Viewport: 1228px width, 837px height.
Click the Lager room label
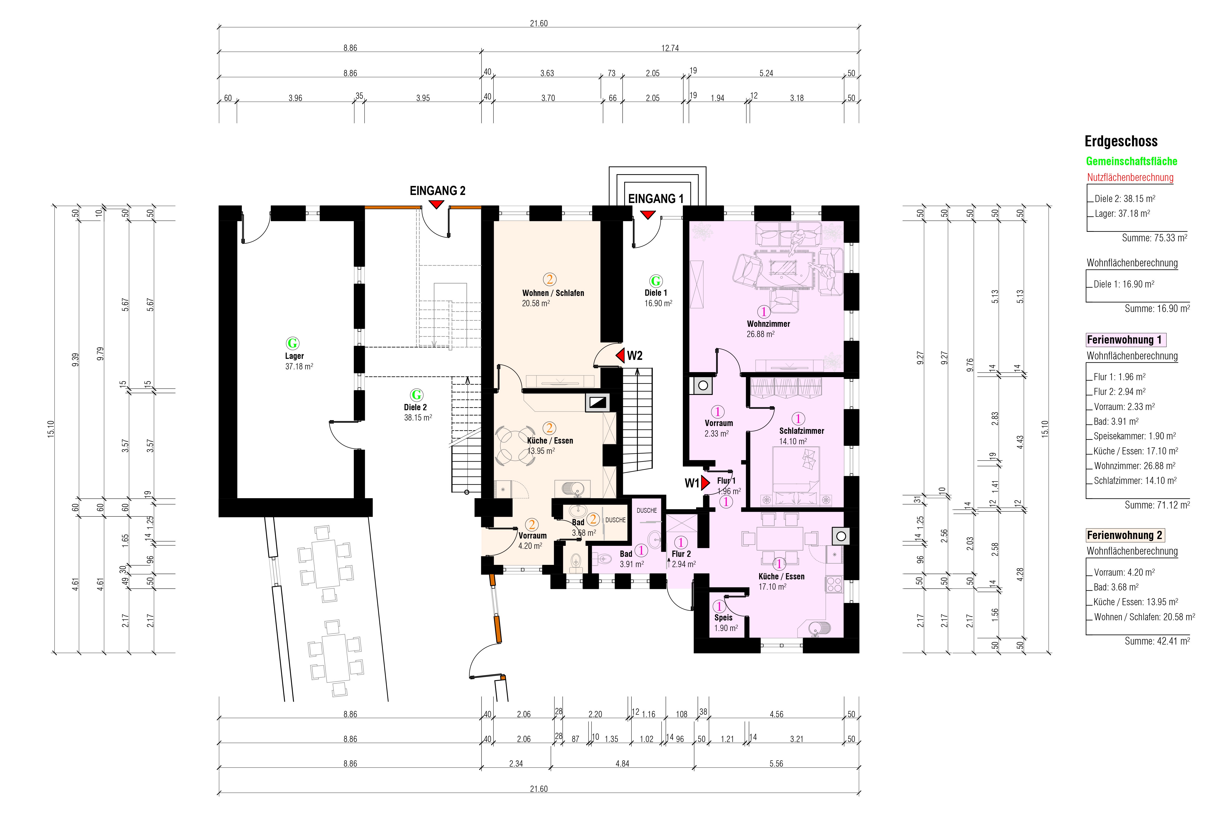(294, 356)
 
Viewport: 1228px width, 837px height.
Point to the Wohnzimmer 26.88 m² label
(768, 329)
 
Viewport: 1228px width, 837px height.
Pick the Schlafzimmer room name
(802, 431)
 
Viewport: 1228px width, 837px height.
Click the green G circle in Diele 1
(656, 281)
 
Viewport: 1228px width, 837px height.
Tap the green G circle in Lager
(292, 343)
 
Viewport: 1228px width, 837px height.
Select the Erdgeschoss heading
(1121, 142)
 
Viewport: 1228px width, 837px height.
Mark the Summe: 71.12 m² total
(1157, 505)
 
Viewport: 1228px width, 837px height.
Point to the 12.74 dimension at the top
(670, 48)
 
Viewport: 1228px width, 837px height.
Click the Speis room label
(723, 617)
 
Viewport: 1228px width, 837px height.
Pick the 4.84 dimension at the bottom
(622, 764)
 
